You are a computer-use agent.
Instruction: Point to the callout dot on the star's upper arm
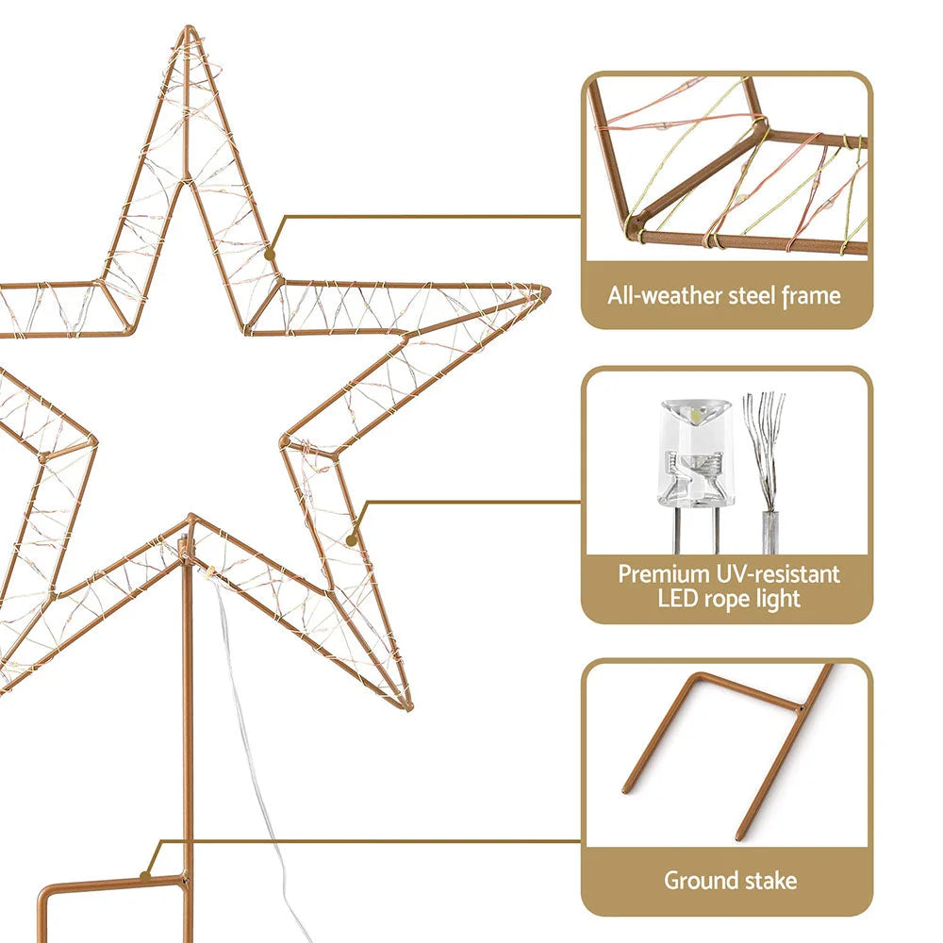(x=270, y=254)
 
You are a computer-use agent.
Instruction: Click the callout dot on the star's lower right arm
(x=352, y=540)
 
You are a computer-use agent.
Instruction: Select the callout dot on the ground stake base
(x=145, y=875)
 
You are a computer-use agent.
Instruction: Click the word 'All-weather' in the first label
(x=665, y=296)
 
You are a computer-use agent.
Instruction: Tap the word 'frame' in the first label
(x=811, y=296)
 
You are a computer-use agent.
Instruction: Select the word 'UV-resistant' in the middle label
(x=779, y=573)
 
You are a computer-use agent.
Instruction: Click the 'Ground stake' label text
(x=730, y=881)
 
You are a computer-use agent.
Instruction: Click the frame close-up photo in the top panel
(x=726, y=170)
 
